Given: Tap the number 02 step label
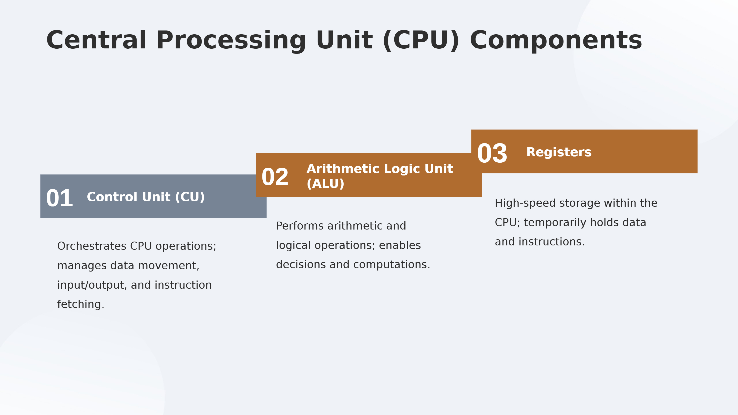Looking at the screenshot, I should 275,177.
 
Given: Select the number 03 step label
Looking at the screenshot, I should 492,154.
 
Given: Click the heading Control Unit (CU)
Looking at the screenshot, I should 146,197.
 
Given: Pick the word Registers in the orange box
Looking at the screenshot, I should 559,152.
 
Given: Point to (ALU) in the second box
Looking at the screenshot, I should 325,184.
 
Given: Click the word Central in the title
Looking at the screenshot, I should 96,40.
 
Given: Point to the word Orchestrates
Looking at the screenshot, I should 92,246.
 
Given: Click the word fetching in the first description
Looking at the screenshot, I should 80,304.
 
